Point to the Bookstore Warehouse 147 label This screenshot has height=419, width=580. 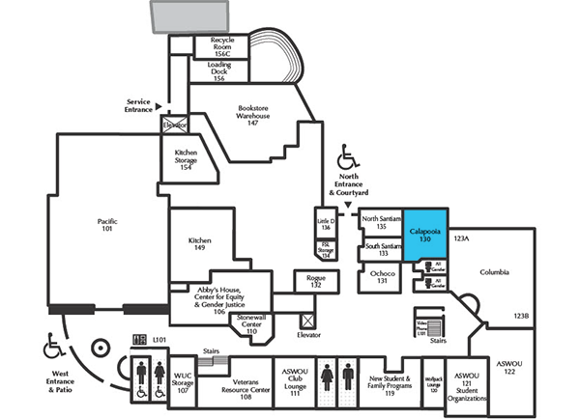click(252, 115)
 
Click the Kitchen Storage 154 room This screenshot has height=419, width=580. click(186, 157)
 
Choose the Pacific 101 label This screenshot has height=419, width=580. click(106, 226)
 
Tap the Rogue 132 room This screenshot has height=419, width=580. click(315, 281)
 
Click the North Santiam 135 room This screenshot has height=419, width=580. click(380, 223)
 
